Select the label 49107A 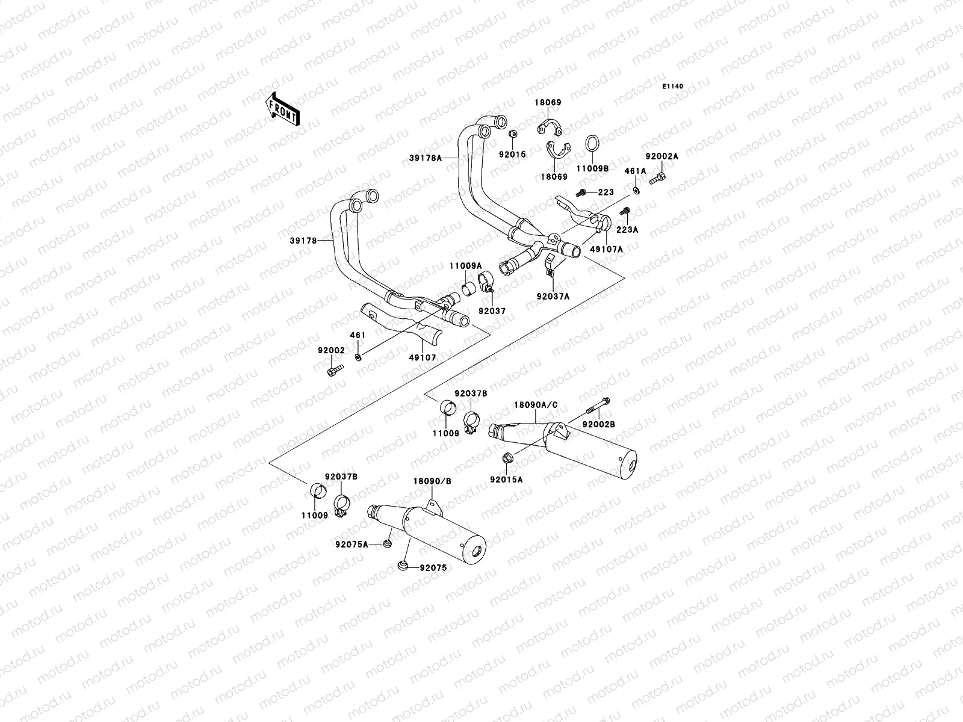[x=606, y=248]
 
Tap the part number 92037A [x=553, y=296]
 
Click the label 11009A [x=465, y=265]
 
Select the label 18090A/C [x=535, y=405]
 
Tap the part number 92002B [x=598, y=424]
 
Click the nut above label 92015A [x=507, y=459]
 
